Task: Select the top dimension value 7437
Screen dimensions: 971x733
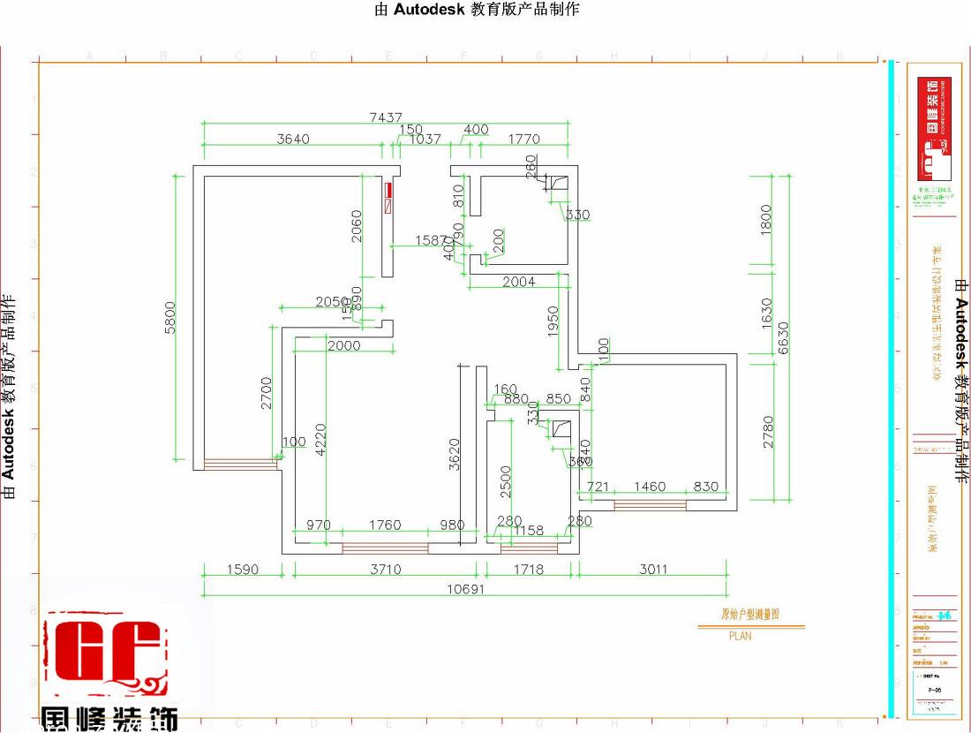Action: click(386, 117)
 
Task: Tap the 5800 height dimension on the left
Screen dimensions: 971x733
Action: click(170, 317)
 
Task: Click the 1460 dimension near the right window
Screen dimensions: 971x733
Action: click(650, 487)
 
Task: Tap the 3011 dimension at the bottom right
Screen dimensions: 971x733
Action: click(653, 570)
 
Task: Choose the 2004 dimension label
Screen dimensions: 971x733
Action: click(518, 282)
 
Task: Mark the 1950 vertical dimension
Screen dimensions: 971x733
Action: click(553, 322)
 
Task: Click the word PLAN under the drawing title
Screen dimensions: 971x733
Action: click(740, 635)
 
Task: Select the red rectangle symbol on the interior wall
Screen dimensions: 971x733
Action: click(387, 197)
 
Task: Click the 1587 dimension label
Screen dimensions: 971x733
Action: click(432, 240)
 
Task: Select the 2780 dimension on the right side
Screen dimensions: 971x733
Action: click(768, 432)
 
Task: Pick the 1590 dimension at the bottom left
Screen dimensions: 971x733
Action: click(243, 570)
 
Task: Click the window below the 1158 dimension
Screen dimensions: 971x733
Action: click(529, 548)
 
